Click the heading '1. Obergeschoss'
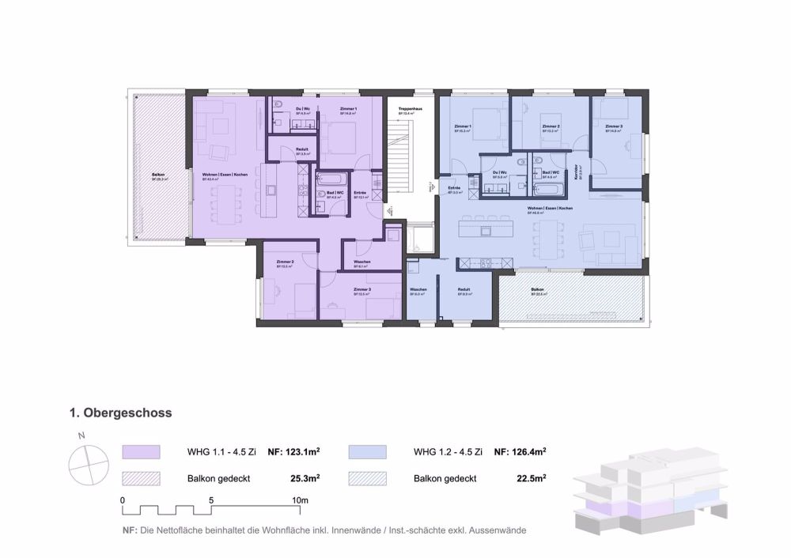(121, 413)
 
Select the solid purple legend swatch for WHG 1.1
(141, 452)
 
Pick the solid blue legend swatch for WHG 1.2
(366, 452)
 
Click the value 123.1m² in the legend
(293, 452)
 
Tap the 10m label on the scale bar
(300, 500)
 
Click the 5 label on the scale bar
(211, 500)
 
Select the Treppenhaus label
(409, 108)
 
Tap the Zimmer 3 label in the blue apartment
(614, 126)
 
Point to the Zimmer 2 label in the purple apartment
(285, 262)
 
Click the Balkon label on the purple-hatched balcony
(158, 175)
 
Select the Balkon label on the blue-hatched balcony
(537, 291)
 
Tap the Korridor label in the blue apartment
(581, 172)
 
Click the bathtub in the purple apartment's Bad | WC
(327, 180)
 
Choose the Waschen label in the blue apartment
(418, 290)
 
